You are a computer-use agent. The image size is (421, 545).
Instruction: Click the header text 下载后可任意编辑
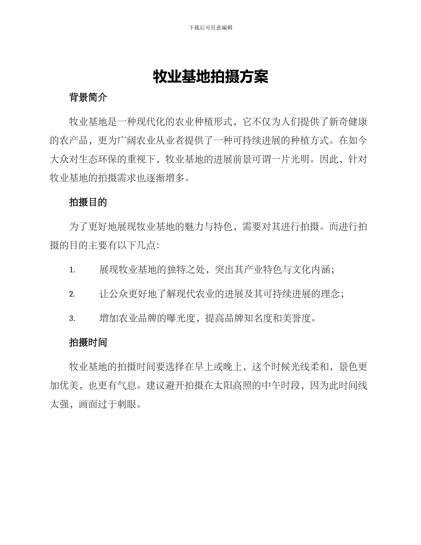click(x=210, y=27)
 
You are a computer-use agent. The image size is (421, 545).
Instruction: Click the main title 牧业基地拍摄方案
click(x=210, y=77)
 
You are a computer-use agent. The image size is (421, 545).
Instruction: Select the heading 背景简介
click(x=88, y=98)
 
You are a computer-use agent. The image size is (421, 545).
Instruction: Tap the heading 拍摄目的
click(x=88, y=202)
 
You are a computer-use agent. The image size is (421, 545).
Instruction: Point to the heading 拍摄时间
click(x=88, y=343)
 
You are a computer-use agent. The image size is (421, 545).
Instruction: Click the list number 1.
click(x=72, y=270)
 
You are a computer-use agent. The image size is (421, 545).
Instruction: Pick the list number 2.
click(x=72, y=294)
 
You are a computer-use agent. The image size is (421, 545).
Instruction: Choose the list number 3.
click(x=72, y=319)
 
